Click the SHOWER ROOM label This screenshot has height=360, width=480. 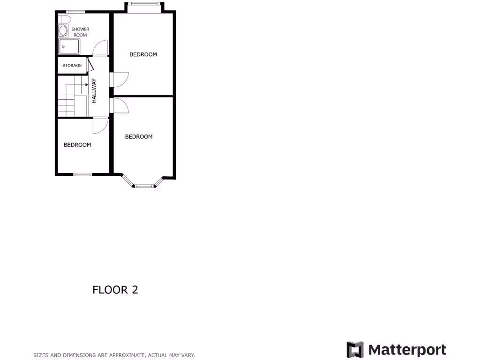[80, 32]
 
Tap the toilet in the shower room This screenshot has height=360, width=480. [65, 19]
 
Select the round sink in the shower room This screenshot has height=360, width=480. [63, 31]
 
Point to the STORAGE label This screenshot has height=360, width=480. [72, 66]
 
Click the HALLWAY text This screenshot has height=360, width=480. [94, 90]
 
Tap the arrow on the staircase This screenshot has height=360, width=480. [87, 84]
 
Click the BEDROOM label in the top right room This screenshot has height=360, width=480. [143, 54]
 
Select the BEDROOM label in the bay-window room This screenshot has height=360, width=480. [138, 137]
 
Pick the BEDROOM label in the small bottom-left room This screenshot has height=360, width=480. [77, 145]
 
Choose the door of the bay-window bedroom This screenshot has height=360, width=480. [121, 106]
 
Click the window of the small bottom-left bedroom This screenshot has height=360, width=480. [82, 174]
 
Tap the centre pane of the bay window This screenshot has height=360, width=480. [145, 187]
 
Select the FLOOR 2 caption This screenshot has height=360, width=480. [115, 290]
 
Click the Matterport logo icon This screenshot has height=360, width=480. [355, 350]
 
